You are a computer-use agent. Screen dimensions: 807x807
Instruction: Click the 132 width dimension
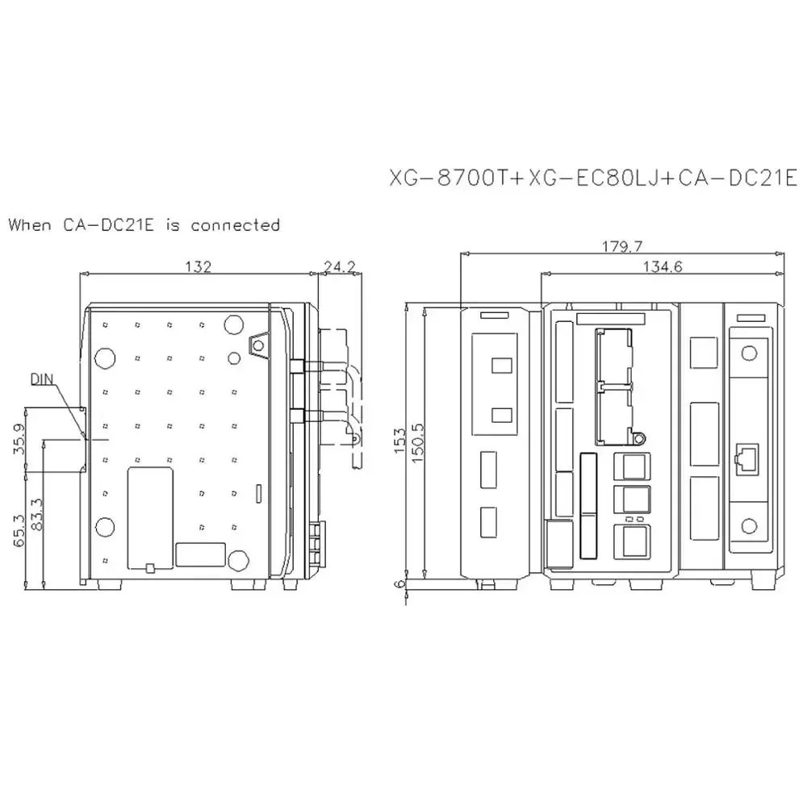(199, 266)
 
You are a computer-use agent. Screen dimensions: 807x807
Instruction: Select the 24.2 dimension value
(339, 266)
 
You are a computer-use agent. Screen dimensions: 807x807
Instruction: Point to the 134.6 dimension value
(662, 267)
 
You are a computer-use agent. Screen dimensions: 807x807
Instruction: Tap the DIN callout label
(44, 378)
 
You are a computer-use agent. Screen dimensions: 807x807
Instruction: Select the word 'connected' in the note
(235, 225)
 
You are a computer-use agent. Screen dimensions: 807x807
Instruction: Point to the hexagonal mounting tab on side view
(258, 345)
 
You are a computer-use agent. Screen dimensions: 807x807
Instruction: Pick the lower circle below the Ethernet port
(751, 526)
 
